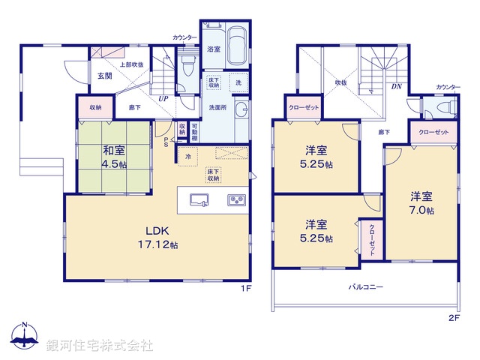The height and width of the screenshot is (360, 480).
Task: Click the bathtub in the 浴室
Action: click(238, 46)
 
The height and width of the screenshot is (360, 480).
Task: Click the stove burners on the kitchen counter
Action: click(236, 200)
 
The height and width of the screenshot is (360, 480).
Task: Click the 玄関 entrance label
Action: click(103, 76)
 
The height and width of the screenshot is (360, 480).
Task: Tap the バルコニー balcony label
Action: click(365, 287)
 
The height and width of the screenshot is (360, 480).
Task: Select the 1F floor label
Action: click(244, 288)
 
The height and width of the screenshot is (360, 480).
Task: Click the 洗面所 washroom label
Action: click(217, 107)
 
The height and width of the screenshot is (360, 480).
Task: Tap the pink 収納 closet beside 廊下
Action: click(95, 107)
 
